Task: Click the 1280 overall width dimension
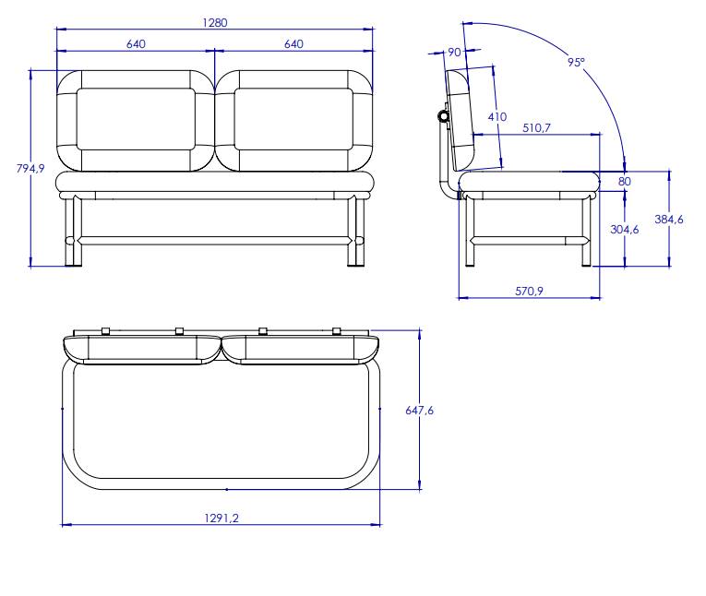pyautogui.click(x=215, y=22)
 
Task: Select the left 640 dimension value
pyautogui.click(x=136, y=44)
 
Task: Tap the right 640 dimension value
pyautogui.click(x=293, y=44)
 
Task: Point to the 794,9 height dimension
pyautogui.click(x=30, y=168)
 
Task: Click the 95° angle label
pyautogui.click(x=576, y=62)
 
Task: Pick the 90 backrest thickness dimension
pyautogui.click(x=454, y=53)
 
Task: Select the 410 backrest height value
pyautogui.click(x=497, y=117)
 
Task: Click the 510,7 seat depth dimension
pyautogui.click(x=536, y=128)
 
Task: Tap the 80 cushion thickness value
pyautogui.click(x=625, y=182)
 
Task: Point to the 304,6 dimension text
pyautogui.click(x=625, y=230)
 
